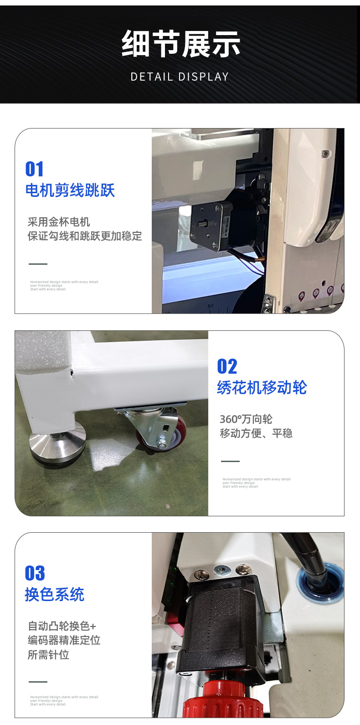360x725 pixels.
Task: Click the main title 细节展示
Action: [180, 44]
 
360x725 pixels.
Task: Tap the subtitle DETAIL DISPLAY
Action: [180, 77]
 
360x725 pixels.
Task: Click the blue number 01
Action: [35, 169]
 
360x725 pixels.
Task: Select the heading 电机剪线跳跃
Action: [70, 190]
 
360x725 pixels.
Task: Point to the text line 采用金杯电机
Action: [59, 222]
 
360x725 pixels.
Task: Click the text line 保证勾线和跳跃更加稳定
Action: [85, 236]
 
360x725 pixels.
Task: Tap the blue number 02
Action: [227, 366]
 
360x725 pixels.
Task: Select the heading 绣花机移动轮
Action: [262, 388]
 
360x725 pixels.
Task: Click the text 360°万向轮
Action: [246, 419]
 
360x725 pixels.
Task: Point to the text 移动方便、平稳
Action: [256, 433]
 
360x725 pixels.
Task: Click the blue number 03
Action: [35, 573]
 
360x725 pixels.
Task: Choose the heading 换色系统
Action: [55, 595]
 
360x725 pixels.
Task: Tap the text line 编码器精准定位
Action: [64, 640]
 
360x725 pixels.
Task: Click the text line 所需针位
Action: [48, 655]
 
